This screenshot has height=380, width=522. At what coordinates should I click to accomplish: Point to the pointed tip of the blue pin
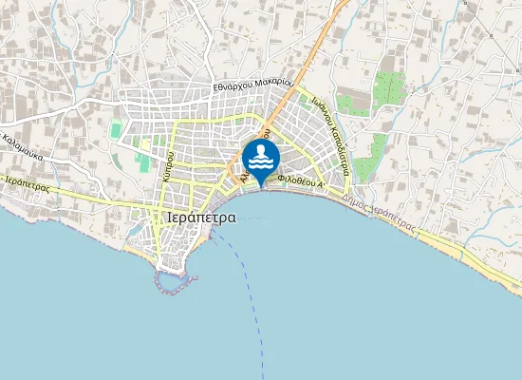(260, 184)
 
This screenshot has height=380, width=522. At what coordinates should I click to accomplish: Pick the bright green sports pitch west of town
(116, 129)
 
